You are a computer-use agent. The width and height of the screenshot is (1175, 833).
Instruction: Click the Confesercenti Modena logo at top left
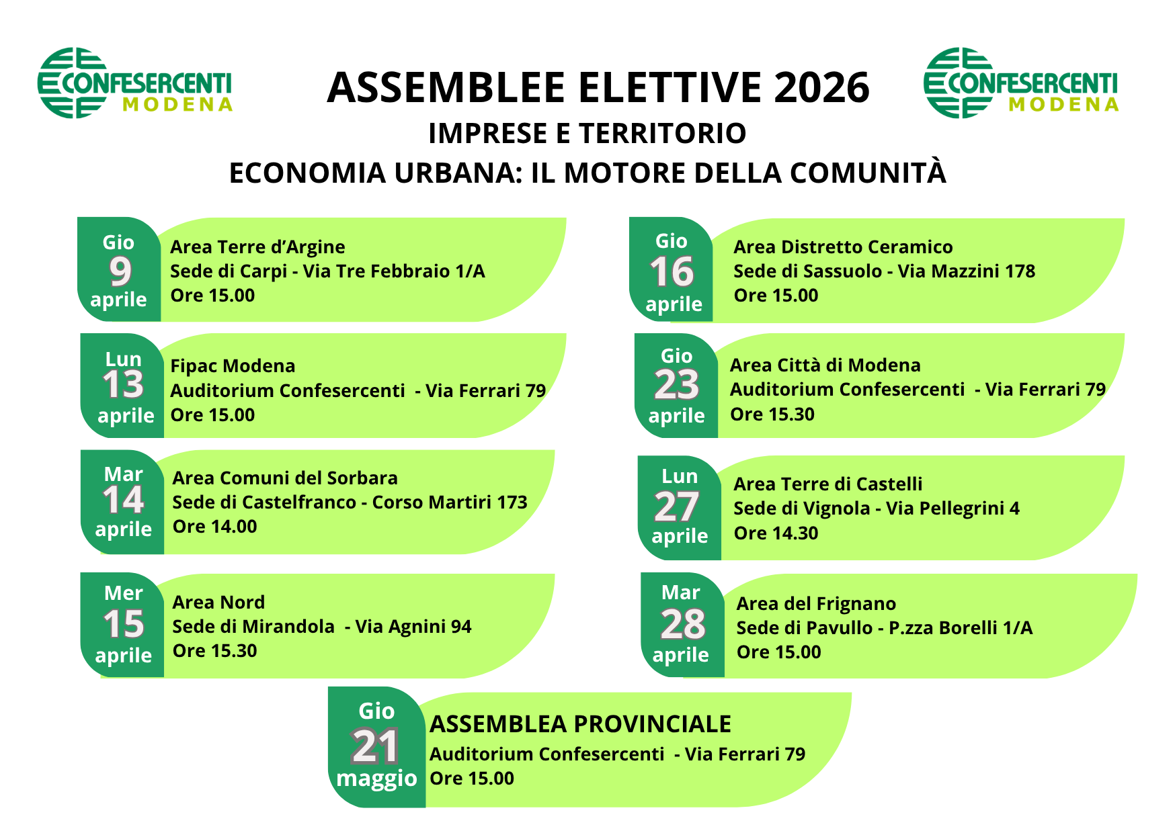point(135,83)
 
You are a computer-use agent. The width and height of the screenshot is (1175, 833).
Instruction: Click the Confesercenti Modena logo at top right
point(1021,83)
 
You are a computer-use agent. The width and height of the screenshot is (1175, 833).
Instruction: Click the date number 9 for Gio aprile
point(120,271)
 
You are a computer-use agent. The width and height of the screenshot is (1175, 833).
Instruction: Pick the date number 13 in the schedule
point(123,385)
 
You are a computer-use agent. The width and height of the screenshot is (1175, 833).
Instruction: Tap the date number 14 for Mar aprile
point(123,500)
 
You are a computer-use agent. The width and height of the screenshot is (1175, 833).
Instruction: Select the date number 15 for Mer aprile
point(124,624)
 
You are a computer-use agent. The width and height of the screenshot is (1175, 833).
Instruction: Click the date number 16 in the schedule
point(672,272)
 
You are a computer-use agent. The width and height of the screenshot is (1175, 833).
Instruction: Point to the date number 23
point(677,385)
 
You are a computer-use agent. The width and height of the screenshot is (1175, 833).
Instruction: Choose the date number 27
point(677,507)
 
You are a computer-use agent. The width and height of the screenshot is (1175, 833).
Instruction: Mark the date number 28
point(683,625)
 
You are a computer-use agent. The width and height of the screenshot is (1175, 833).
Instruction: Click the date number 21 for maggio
point(375,746)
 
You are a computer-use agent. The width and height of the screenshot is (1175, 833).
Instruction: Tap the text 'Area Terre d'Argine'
point(257,247)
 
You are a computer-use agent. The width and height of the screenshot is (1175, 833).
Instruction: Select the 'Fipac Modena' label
point(233,366)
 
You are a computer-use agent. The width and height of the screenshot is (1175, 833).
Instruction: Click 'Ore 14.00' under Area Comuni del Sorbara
point(214,527)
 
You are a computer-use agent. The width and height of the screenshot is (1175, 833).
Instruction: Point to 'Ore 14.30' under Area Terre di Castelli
point(776,533)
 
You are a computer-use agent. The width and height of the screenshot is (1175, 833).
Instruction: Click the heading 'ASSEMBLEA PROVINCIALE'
point(580,724)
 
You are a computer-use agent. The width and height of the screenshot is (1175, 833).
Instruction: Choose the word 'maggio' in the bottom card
point(376,779)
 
